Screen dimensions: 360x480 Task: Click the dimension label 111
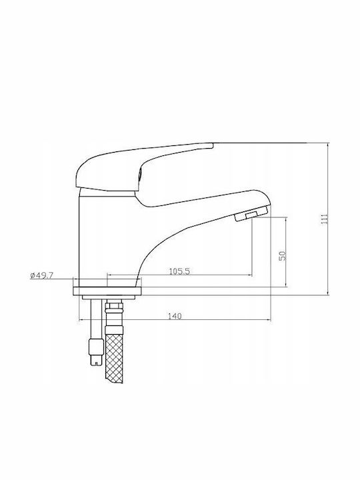[325, 219]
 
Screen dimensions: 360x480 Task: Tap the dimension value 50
[282, 255]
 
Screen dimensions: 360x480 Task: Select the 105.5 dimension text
[179, 271]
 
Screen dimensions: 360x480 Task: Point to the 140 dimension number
[175, 316]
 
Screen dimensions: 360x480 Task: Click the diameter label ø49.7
[42, 275]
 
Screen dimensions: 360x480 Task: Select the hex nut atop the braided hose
[114, 307]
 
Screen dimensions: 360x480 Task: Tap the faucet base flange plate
[107, 291]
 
